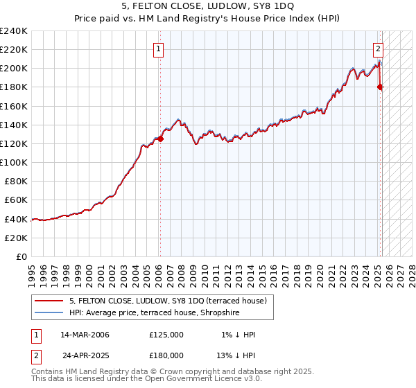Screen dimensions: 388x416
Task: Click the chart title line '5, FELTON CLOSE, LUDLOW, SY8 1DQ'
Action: (x=207, y=6)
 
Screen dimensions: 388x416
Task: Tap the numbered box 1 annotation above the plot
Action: (x=159, y=48)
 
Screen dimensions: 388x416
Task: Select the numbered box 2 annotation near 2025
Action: (x=379, y=48)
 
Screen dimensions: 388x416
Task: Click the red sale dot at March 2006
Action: (x=160, y=139)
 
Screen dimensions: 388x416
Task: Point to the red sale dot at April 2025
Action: (x=380, y=87)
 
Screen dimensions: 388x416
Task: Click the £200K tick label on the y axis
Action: (x=14, y=69)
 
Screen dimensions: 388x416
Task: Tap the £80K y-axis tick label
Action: (x=16, y=181)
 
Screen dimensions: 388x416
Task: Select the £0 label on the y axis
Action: (x=21, y=256)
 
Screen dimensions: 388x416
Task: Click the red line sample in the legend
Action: (x=49, y=300)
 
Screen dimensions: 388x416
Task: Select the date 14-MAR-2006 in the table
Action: (x=85, y=335)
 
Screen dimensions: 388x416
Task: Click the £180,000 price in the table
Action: (x=166, y=355)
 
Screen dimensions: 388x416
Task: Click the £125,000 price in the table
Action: (x=166, y=335)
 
